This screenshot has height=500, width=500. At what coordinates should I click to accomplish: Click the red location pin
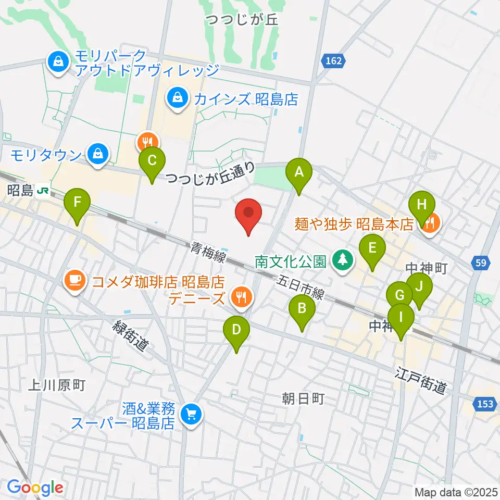248,214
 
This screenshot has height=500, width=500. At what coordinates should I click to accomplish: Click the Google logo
35,488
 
